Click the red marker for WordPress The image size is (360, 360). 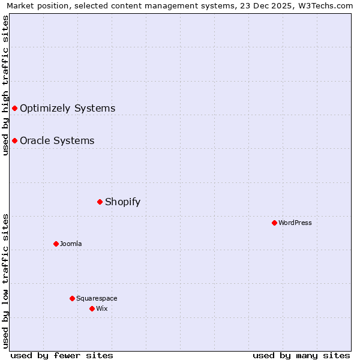[x=274, y=223]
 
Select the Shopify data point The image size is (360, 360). [x=100, y=202]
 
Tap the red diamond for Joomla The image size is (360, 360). [x=56, y=244]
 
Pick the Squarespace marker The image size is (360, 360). [x=72, y=298]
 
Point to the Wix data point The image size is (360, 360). [x=92, y=308]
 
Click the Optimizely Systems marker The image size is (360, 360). [x=14, y=108]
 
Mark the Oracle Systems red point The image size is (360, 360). [x=14, y=140]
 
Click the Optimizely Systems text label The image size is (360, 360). [x=67, y=109]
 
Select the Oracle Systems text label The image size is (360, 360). [x=57, y=141]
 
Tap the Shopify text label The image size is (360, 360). [x=122, y=202]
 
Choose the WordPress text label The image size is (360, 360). [x=295, y=223]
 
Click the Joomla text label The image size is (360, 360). [x=71, y=244]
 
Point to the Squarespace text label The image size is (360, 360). [x=97, y=299]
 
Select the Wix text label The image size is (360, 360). [x=102, y=309]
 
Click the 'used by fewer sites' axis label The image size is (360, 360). [x=62, y=355]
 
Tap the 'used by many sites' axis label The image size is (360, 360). [x=301, y=355]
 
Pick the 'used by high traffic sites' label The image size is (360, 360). [x=5, y=85]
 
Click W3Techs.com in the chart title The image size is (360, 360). [x=326, y=6]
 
